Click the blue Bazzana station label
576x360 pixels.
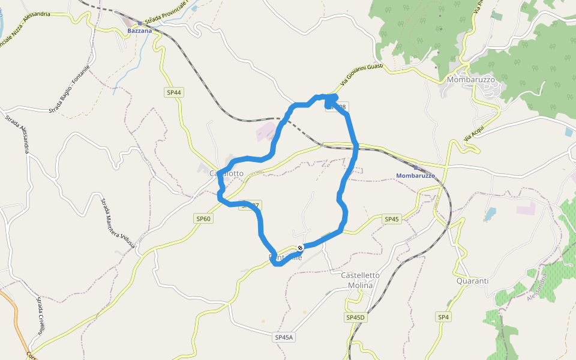139,30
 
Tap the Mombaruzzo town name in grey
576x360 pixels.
470,79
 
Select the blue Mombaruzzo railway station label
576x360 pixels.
415,175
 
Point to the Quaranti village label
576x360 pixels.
472,281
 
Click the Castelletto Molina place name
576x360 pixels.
360,280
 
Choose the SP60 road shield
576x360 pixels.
203,219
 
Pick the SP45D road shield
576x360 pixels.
355,317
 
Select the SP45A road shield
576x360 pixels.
284,337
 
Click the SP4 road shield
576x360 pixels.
443,317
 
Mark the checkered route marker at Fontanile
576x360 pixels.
300,248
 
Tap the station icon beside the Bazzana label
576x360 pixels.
139,23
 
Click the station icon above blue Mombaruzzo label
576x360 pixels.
415,167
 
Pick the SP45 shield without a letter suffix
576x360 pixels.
391,220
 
